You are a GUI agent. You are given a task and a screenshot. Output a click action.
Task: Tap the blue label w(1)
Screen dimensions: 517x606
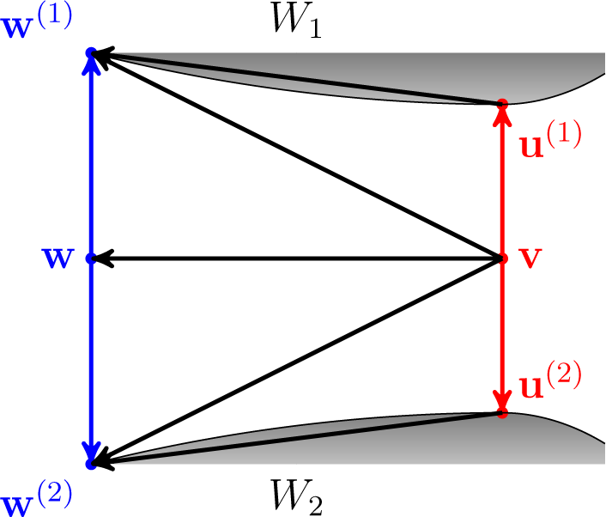(x=37, y=20)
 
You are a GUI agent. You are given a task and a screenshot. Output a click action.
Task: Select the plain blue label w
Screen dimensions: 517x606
(x=57, y=258)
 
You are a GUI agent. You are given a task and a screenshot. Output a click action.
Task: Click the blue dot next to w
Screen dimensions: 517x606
(x=91, y=258)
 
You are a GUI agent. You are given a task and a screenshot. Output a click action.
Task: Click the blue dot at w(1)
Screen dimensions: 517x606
(x=91, y=53)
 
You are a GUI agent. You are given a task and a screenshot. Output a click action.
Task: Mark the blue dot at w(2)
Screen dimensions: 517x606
(x=91, y=464)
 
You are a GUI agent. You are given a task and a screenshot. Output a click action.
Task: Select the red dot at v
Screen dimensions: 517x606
(x=502, y=258)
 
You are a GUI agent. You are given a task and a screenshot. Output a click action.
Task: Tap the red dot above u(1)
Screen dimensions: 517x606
(x=502, y=103)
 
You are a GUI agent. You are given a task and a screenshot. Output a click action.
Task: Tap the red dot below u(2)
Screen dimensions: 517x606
(x=502, y=413)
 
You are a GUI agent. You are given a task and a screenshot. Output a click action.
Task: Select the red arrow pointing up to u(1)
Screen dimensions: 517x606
(x=502, y=180)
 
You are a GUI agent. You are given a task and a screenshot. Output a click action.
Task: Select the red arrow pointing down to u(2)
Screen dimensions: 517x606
(x=502, y=335)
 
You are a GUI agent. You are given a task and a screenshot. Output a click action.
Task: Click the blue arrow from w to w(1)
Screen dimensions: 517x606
(x=91, y=155)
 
